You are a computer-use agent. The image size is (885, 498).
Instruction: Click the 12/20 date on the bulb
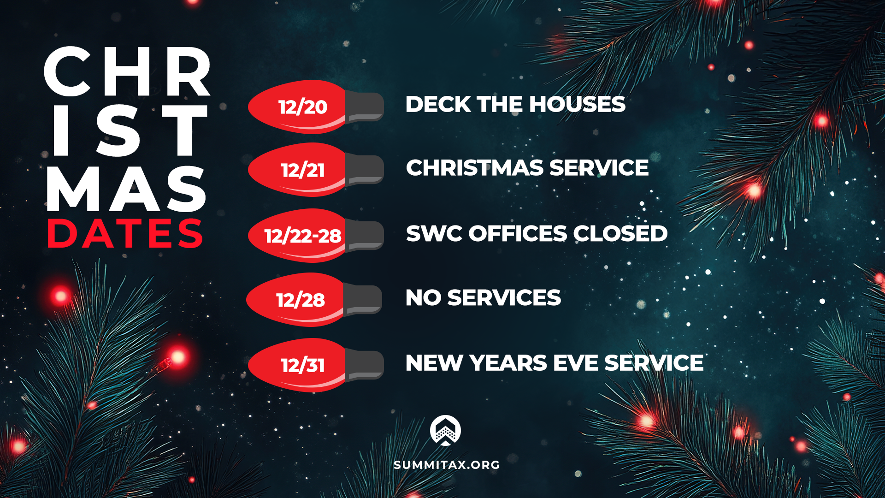pos(303,107)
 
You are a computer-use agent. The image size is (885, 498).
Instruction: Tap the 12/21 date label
pos(303,171)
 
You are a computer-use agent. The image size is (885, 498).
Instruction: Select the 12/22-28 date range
pos(303,236)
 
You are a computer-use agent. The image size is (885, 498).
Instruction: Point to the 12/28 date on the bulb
pos(301,300)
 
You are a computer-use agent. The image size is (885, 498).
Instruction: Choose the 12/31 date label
pos(303,366)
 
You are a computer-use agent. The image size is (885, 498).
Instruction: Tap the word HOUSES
pos(578,104)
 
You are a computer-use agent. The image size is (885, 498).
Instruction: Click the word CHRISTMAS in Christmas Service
pos(475,168)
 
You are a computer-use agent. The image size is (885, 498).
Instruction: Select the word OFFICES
pos(518,234)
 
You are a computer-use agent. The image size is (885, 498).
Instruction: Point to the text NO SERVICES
pos(483,298)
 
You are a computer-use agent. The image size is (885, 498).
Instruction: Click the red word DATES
pos(125,234)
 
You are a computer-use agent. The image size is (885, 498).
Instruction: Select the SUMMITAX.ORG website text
pos(447,465)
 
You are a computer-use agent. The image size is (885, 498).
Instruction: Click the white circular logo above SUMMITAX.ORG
pos(445,430)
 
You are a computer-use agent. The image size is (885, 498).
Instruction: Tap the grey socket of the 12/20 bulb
pos(365,107)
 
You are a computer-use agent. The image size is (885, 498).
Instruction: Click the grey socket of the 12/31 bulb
pos(365,365)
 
